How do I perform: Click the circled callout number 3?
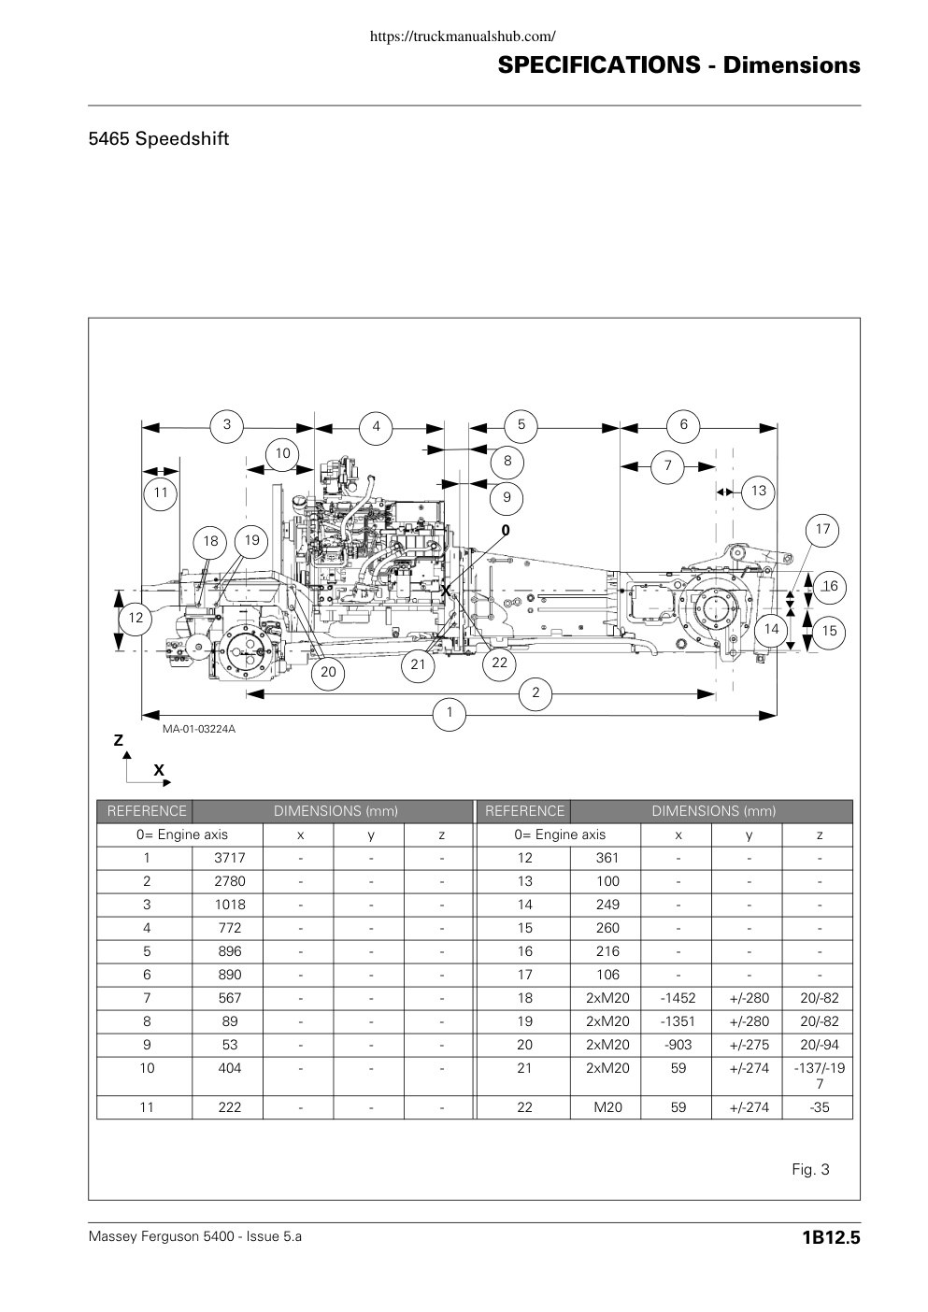coord(227,424)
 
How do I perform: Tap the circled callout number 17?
coord(822,530)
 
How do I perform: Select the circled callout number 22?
coord(499,663)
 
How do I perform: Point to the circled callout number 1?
coord(450,713)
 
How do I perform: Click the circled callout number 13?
coord(758,492)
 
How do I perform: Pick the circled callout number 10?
coord(282,453)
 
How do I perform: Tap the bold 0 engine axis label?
coord(506,530)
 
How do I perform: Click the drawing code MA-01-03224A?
coord(199,729)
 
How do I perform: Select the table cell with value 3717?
coord(229,858)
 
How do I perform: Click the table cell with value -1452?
coord(678,998)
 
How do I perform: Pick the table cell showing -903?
coord(678,1045)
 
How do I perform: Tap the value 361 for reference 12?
coord(607,858)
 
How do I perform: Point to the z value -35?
coord(819,1107)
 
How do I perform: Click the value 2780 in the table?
coord(229,881)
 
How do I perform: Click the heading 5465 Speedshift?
coord(159,139)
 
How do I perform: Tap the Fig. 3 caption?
coord(810,1170)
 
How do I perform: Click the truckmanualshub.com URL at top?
coord(463,36)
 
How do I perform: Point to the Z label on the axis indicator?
coord(119,740)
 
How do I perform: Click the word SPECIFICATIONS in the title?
coord(599,65)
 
